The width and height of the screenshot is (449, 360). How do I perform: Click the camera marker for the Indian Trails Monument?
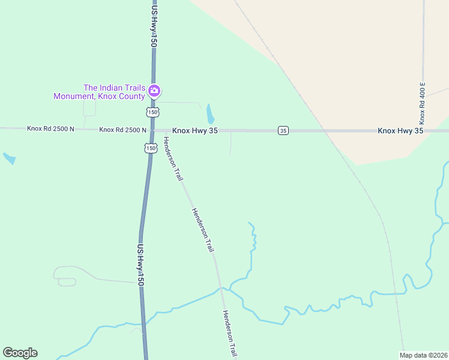pos(154,91)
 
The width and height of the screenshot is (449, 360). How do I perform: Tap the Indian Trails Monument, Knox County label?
pos(99,92)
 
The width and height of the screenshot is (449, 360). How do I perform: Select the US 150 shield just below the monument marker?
pos(153,112)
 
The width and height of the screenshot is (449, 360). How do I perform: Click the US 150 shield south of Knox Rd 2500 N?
pos(150,148)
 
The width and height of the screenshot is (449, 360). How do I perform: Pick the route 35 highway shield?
pos(283,130)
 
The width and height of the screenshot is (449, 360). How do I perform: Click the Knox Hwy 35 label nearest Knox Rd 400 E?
pos(400,130)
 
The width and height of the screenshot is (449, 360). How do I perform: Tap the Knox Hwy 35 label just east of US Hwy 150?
pos(195,130)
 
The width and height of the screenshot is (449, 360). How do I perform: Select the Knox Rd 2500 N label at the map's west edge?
pos(50,128)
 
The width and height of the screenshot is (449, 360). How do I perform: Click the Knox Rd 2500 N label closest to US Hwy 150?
pos(123,130)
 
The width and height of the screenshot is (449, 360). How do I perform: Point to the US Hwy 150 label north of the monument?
pos(154,24)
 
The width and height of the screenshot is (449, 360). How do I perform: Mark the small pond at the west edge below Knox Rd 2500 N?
pos(9,158)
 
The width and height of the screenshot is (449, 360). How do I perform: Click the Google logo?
pos(20,353)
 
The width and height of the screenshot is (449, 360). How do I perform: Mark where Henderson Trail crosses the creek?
pos(221,289)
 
